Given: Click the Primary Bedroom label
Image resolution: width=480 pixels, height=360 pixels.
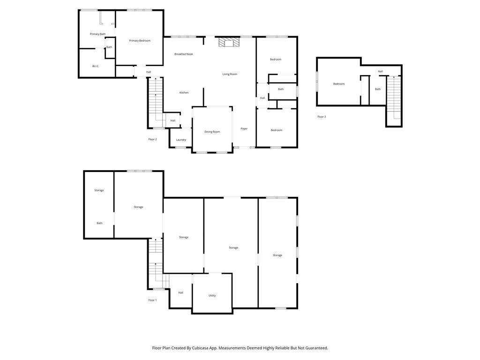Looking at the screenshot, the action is point(140,41).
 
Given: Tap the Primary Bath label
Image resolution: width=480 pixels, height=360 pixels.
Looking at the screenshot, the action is point(97,34).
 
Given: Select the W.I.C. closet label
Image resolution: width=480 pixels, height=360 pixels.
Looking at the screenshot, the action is point(96,66).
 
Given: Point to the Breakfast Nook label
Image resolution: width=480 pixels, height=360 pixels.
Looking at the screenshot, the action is point(184,54).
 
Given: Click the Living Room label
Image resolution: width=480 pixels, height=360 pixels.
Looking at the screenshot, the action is point(230,74).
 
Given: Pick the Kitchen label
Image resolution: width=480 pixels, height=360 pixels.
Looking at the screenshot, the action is point(184,92).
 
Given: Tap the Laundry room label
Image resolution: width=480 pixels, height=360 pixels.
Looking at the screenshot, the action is point(181,140).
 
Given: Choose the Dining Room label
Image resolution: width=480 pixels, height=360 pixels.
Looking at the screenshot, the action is point(212,132).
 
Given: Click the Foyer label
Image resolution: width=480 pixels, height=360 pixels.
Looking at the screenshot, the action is point(244,128).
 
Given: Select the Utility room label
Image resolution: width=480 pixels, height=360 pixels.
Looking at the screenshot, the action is point(212,295).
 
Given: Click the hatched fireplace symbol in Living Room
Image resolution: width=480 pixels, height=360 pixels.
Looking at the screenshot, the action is point(229,42).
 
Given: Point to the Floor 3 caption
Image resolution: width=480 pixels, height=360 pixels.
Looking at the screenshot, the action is point(322,117).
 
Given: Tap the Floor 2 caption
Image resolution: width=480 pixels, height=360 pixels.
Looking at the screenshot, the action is point(152,139).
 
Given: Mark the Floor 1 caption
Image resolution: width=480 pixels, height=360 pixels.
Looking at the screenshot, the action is point(152,300).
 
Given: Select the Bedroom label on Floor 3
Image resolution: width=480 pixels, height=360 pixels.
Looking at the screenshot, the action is point(339,84).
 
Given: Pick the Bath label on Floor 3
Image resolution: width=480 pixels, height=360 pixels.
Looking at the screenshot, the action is point(378,89).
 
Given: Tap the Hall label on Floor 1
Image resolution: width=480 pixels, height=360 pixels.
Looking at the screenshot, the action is point(180,292).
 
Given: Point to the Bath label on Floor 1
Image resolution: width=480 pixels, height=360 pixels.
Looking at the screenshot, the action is point(99,223).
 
